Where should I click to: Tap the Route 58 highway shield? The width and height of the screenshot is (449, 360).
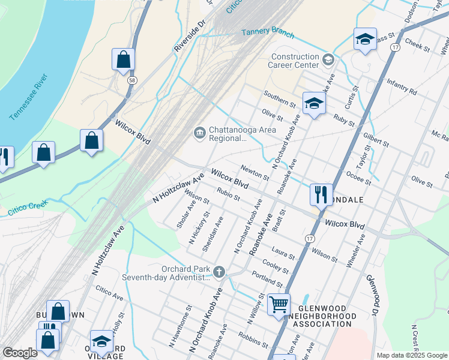[130, 79]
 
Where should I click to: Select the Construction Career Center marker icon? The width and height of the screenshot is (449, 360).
[328, 59]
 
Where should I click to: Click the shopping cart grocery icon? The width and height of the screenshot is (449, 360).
[279, 305]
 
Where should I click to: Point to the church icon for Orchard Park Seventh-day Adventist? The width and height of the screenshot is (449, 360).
[219, 272]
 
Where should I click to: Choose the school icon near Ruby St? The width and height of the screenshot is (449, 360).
[313, 103]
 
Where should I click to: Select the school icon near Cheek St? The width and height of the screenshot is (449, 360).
[364, 40]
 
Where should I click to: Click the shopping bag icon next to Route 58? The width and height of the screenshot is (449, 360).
[123, 60]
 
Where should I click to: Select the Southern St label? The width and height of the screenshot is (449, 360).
[280, 99]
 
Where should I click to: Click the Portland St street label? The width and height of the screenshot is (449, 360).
[268, 278]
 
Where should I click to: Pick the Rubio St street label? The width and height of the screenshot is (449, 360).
[229, 196]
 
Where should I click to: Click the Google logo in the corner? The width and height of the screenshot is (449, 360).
[20, 353]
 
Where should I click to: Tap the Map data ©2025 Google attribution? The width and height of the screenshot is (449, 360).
[411, 355]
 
